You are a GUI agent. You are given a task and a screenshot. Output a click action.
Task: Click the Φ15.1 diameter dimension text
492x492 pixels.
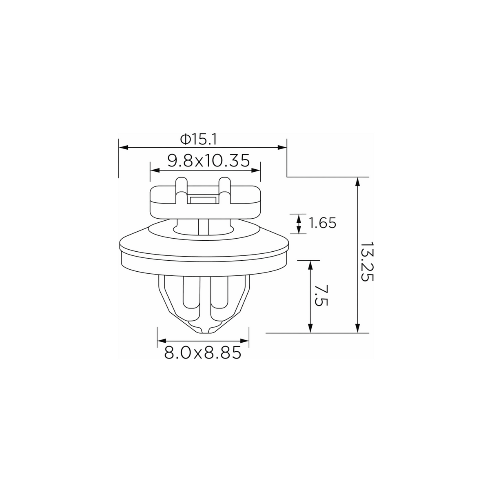[x=198, y=140]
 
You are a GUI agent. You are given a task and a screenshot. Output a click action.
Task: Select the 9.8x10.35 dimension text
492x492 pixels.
[x=208, y=161]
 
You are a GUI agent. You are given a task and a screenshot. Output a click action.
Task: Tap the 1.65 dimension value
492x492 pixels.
[x=322, y=223]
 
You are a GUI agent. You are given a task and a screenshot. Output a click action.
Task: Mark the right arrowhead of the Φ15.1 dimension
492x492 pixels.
[x=282, y=147]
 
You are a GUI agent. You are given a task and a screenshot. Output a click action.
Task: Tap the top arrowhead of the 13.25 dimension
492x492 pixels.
[x=358, y=182]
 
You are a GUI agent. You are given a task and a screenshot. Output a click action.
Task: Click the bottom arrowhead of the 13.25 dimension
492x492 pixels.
[x=358, y=328]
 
